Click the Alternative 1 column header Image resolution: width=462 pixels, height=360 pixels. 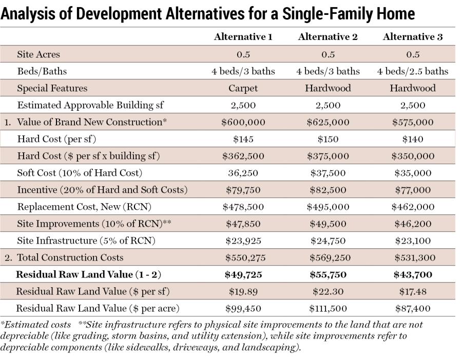click(x=243, y=37)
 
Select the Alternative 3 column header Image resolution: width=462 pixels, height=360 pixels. click(x=413, y=37)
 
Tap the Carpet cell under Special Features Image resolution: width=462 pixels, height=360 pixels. click(x=243, y=88)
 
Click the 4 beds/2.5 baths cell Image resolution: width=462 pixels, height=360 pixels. click(x=413, y=71)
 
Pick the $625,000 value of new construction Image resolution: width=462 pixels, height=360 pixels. click(x=328, y=122)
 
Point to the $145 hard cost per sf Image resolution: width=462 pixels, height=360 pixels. click(x=243, y=139)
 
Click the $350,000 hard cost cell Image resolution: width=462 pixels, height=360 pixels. click(x=413, y=156)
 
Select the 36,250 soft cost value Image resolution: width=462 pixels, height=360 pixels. click(x=243, y=173)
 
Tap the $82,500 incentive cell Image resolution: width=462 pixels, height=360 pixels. click(x=328, y=190)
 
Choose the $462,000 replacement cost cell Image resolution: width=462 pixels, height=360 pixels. click(x=413, y=207)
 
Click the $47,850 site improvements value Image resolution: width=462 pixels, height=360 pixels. click(x=243, y=224)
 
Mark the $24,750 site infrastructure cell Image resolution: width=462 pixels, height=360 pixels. click(x=328, y=241)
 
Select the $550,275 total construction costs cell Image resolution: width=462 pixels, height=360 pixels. click(x=243, y=257)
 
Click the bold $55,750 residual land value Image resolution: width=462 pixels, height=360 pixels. click(x=328, y=274)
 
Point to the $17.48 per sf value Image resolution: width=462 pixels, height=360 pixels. click(x=413, y=291)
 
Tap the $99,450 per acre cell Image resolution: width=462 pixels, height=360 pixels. click(x=243, y=308)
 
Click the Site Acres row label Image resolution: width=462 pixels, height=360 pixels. click(x=38, y=54)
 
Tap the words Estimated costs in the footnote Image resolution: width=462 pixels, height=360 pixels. click(x=36, y=325)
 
